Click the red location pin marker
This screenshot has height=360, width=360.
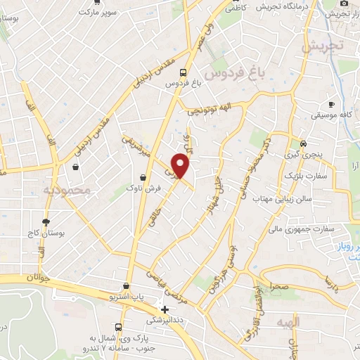181,165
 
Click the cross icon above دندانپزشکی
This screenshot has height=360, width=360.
165,309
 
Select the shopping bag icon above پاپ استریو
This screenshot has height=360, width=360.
126,286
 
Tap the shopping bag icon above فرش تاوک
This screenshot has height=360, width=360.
143,176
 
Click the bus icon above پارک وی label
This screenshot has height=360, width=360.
118,328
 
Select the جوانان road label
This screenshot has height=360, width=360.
40,278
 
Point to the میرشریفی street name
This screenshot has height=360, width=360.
137,146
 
